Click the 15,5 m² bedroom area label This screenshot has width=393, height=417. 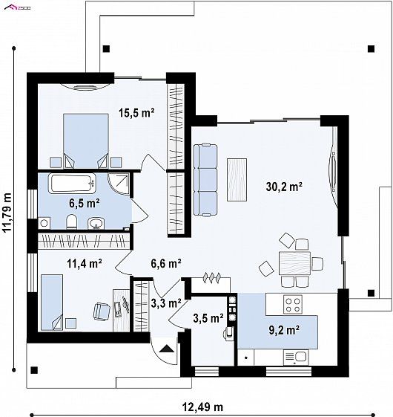pyautogui.click(x=136, y=113)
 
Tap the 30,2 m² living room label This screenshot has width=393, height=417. pyautogui.click(x=284, y=187)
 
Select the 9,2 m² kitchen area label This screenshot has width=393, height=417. pyautogui.click(x=284, y=330)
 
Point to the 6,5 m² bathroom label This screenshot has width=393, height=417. pyautogui.click(x=85, y=203)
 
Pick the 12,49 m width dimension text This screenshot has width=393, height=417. pyautogui.click(x=202, y=407)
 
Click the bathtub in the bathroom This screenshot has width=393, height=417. pyautogui.click(x=72, y=184)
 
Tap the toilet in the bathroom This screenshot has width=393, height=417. pyautogui.click(x=71, y=222)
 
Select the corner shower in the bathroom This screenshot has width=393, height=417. pyautogui.click(x=119, y=184)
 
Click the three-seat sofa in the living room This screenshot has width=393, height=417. pyautogui.click(x=205, y=180)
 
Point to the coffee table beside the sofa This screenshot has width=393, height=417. pyautogui.click(x=237, y=180)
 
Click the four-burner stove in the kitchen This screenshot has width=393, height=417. pyautogui.click(x=293, y=305)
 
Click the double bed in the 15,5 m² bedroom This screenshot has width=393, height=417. pyautogui.click(x=86, y=141)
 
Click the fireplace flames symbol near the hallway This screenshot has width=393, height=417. pyautogui.click(x=211, y=277)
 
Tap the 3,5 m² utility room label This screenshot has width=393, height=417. pyautogui.click(x=208, y=318)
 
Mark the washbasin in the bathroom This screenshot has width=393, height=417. pyautogui.click(x=96, y=223)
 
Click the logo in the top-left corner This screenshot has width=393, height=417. pyautogui.click(x=18, y=8)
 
